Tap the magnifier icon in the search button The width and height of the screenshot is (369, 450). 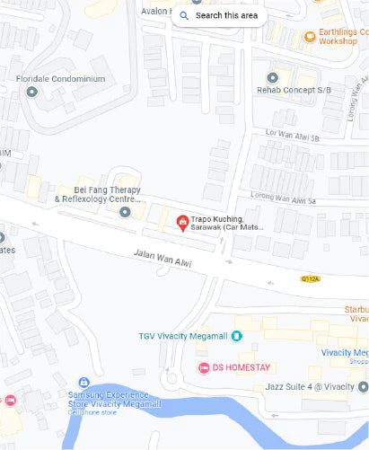pos(184,15)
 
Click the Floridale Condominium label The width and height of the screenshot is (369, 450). pos(61,79)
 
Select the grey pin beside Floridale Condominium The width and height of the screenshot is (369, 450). pos(33,91)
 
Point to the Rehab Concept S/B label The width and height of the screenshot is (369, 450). pos(294,88)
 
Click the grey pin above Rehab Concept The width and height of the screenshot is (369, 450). pos(273,76)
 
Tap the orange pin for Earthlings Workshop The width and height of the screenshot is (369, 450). pos(310,37)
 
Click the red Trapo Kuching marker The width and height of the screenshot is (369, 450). pos(182,222)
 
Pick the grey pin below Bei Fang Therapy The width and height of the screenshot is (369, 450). pos(125,212)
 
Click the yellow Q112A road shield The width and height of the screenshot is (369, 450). pos(310,278)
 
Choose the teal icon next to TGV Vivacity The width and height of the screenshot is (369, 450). pos(237,336)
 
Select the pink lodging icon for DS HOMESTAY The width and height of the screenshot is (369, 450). pos(204,367)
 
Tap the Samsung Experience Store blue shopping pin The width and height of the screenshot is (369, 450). pos(83,383)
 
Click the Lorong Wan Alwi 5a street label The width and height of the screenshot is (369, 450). pos(286,199)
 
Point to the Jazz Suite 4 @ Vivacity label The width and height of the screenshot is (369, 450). pos(310,386)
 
